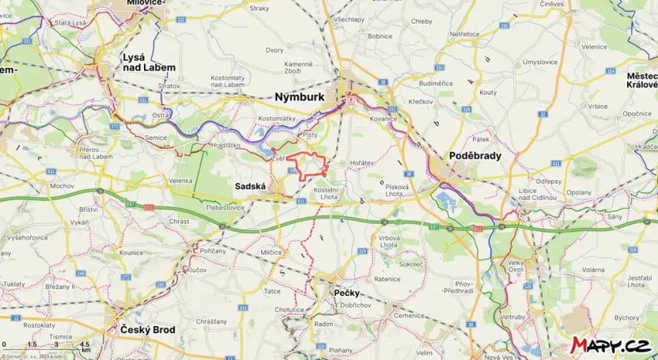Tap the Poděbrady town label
pyautogui.click(x=475, y=156)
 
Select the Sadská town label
pyautogui.click(x=251, y=186)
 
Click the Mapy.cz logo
pyautogui.click(x=611, y=345)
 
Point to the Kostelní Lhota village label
pyautogui.click(x=326, y=194)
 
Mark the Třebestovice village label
pyautogui.click(x=223, y=205)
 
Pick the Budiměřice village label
pyautogui.click(x=434, y=81)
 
